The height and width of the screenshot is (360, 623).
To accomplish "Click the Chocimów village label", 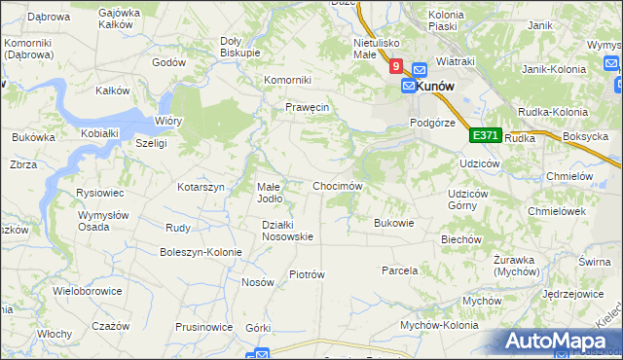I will (x=338, y=186).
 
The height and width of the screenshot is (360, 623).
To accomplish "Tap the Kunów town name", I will (x=437, y=86).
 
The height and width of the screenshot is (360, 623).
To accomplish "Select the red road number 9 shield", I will (x=395, y=67).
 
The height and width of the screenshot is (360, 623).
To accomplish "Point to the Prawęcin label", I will (x=308, y=106).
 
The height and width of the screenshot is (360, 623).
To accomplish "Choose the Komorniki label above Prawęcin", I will (x=287, y=80).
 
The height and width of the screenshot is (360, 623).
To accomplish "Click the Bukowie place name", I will (x=394, y=223).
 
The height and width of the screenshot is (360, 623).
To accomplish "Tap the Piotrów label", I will (x=307, y=274).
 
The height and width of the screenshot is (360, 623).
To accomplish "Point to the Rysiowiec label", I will (x=98, y=193).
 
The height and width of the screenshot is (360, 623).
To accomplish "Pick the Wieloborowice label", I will (x=88, y=290).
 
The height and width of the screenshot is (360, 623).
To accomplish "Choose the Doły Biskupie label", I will (x=239, y=46).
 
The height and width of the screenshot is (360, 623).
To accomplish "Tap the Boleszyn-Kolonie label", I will (x=201, y=252).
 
